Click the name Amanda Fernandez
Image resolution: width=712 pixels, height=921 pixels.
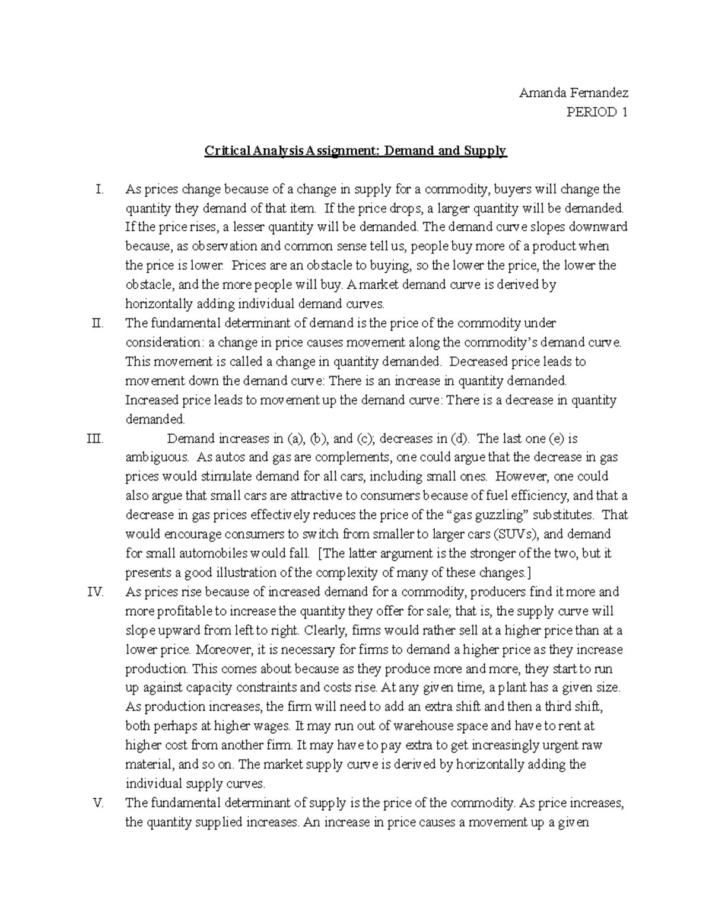[x=573, y=93]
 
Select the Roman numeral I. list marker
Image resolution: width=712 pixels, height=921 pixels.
[x=99, y=189]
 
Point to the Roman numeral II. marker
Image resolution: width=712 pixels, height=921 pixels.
[x=98, y=323]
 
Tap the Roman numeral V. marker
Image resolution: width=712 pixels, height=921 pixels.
[x=98, y=803]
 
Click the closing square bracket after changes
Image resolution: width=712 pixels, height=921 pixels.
[x=527, y=573]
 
